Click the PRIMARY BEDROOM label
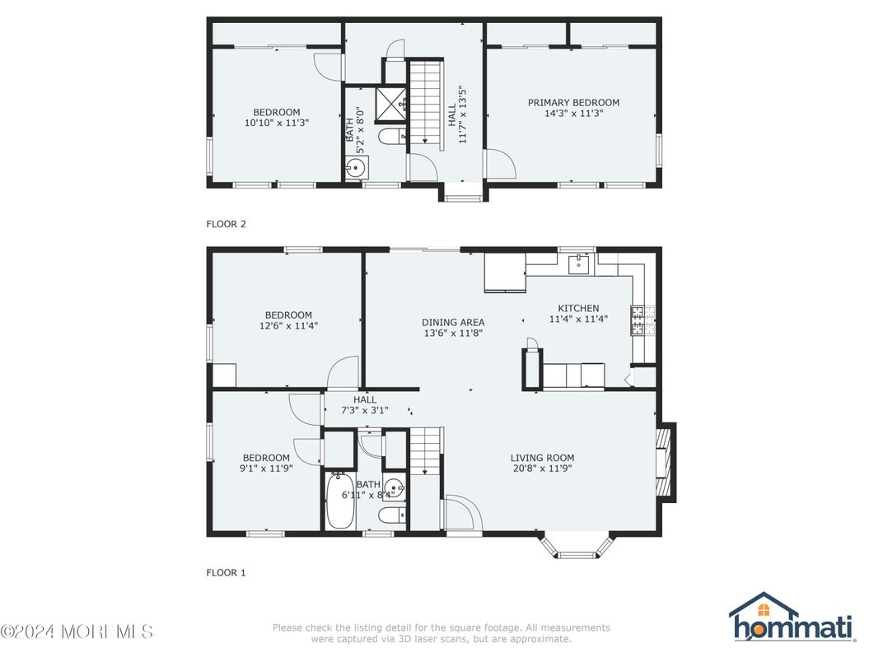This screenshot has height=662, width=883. click(573, 103)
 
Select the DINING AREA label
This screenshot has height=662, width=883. click(453, 322)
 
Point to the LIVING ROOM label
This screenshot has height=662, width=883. click(542, 458)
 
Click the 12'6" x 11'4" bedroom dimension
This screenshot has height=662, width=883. click(288, 325)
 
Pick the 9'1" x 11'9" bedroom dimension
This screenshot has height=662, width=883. click(266, 469)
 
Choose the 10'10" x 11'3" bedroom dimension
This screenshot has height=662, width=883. click(276, 123)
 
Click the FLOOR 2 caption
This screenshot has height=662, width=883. click(226, 223)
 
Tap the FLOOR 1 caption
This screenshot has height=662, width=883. click(226, 572)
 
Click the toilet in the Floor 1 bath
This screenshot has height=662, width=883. click(390, 516)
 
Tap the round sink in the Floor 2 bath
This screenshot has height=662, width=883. click(357, 169)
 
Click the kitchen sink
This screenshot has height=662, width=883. click(581, 263)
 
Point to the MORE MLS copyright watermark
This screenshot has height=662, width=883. click(77, 632)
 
